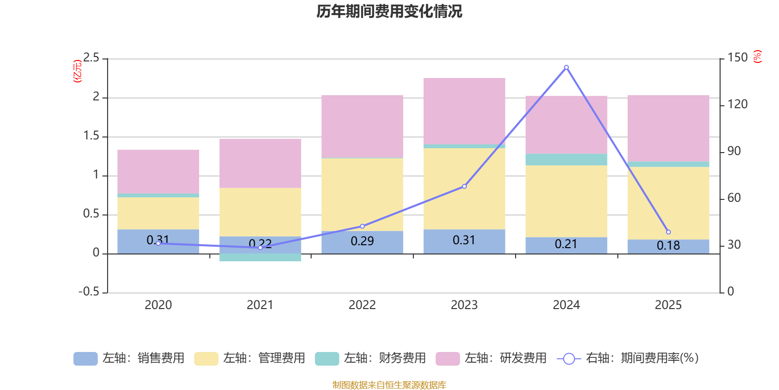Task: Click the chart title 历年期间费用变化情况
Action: [x=389, y=11]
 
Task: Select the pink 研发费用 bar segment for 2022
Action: [x=362, y=126]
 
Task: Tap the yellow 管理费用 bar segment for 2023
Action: [x=464, y=189]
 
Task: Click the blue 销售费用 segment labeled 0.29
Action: [x=362, y=242]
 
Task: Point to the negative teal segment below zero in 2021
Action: [x=260, y=257]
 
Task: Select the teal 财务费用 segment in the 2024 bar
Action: [x=566, y=160]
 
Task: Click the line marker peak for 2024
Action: [x=566, y=67]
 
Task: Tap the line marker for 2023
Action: [x=464, y=186]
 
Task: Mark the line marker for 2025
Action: [x=668, y=232]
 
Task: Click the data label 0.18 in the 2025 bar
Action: [x=668, y=246]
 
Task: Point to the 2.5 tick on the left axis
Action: [x=92, y=58]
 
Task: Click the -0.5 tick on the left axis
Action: [x=89, y=292]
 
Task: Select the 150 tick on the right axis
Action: [x=737, y=58]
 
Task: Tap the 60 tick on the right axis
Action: [x=734, y=198]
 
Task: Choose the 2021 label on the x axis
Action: [x=260, y=305]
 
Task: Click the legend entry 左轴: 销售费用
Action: [x=130, y=358]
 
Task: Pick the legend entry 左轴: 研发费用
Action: [x=491, y=358]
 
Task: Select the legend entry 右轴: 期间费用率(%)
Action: [x=628, y=358]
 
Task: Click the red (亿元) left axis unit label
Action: [x=77, y=71]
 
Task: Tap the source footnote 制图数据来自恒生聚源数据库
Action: [x=389, y=385]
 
